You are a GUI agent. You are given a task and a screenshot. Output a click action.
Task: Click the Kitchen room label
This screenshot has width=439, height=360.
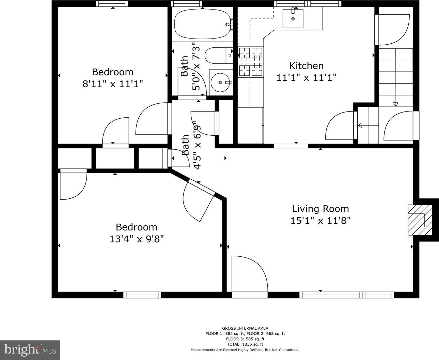(x=307, y=66)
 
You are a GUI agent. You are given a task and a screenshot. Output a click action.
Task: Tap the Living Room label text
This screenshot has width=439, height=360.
(x=320, y=209)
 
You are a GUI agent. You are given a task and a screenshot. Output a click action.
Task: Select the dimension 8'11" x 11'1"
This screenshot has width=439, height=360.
(x=113, y=84)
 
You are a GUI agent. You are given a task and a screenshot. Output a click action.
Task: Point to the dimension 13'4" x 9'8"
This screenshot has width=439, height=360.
(x=137, y=239)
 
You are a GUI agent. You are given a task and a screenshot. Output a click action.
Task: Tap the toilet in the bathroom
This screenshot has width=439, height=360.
(x=219, y=56)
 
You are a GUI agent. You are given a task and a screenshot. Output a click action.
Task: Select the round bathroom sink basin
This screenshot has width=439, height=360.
(x=220, y=82)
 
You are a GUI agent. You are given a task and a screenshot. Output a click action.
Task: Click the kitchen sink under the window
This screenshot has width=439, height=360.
(x=293, y=18)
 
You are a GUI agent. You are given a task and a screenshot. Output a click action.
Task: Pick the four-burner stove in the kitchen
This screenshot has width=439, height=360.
(x=251, y=62)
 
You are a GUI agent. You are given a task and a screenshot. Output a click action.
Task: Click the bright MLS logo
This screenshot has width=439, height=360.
(x=30, y=350)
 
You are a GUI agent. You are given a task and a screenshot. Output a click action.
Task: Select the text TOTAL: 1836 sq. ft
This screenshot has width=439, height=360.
(x=245, y=344)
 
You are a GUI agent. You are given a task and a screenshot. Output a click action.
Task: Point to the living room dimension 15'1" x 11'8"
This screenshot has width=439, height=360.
(x=320, y=221)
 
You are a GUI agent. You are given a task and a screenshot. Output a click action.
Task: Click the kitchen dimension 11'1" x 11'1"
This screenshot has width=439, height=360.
(x=307, y=78)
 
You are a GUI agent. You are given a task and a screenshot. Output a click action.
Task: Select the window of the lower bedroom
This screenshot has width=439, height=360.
(x=142, y=295)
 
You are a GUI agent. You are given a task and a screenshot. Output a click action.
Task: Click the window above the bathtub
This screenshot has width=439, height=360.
(x=187, y=3)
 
